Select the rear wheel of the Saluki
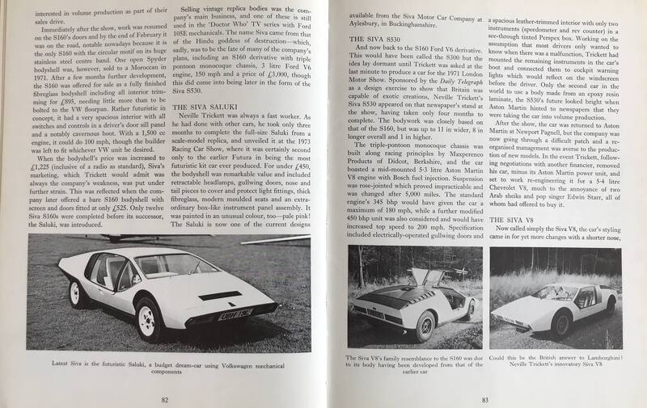78,293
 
